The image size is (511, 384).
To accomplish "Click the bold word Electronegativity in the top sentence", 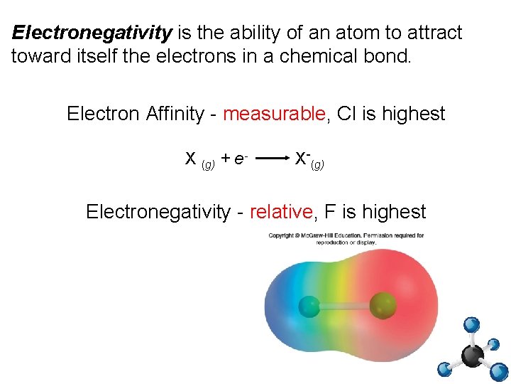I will [x=92, y=33].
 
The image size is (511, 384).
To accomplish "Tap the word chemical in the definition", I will [x=295, y=57].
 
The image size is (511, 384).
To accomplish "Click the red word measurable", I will [x=274, y=114].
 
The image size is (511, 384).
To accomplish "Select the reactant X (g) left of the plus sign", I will [x=199, y=160].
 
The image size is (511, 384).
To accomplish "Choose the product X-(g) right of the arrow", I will [x=309, y=160].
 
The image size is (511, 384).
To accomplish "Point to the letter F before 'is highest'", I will [x=329, y=211].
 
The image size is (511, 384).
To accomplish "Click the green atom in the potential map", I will [x=309, y=306].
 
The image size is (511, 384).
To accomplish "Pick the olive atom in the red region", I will [x=384, y=306].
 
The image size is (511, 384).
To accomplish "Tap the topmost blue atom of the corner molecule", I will [x=471, y=325].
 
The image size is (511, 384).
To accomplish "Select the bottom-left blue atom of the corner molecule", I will [x=444, y=369].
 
